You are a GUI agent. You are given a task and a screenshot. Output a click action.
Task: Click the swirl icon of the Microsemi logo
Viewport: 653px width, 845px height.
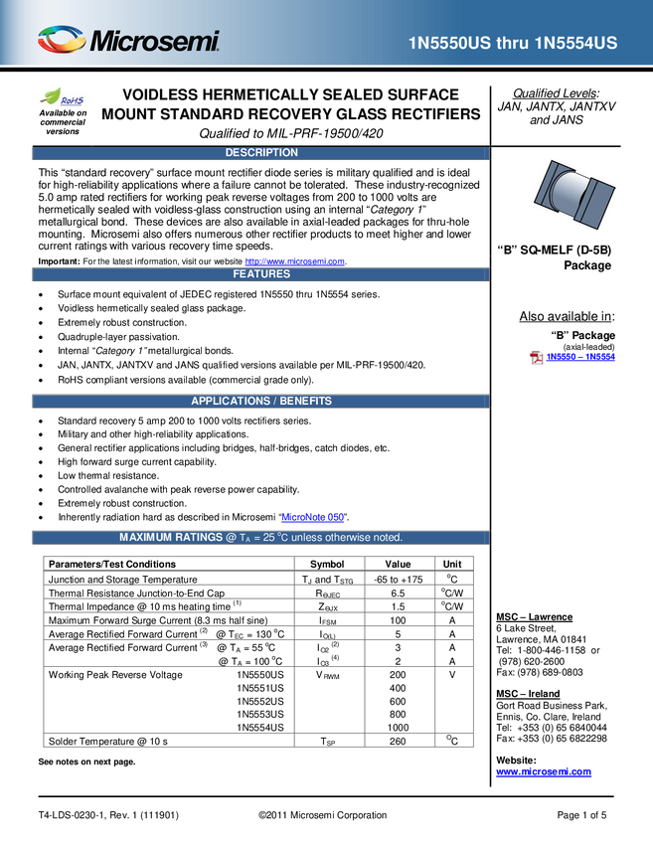point(63,41)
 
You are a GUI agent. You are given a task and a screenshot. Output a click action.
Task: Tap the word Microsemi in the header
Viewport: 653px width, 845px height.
point(154,42)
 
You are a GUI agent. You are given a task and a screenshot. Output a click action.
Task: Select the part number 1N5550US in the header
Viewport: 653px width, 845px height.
point(450,43)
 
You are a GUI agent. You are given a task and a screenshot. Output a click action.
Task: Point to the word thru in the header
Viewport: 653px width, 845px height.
point(515,43)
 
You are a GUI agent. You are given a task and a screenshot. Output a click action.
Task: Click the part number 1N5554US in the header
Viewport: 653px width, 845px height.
point(576,43)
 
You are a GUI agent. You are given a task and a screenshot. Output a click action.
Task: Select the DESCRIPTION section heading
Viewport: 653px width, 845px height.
point(261,153)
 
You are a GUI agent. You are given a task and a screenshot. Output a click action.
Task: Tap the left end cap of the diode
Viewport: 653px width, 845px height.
point(546,188)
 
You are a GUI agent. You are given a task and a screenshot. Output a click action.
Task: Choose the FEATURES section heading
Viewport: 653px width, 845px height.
point(261,274)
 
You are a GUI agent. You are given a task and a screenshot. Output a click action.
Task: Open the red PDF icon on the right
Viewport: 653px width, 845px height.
point(536,358)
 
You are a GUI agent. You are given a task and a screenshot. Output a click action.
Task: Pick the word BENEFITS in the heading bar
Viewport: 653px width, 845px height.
point(305,402)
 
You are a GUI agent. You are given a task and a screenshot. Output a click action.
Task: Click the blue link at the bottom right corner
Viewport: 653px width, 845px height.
point(544,772)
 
